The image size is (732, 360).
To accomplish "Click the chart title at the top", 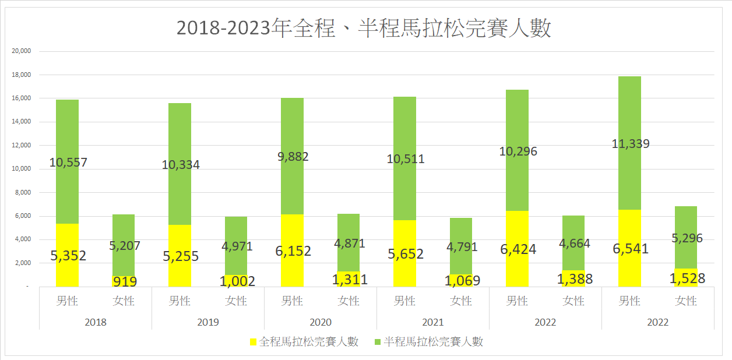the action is coord(364,28).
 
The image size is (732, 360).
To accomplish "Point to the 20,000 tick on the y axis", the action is coord(21,51).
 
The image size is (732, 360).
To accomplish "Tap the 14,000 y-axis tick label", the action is coord(21,122).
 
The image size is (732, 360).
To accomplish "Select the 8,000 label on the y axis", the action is coord(23,192).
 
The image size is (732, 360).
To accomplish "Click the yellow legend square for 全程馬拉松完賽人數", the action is coord(253,342).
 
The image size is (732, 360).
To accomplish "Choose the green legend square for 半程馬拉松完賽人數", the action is coord(378,342).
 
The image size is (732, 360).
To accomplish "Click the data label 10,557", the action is coord(68,163).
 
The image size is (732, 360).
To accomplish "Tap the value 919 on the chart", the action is coord(125,281).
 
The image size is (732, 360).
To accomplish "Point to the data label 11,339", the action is coord(631,144).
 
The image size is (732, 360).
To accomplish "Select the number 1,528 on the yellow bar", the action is coord(687,278).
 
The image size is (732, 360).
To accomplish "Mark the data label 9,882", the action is coord(293,157).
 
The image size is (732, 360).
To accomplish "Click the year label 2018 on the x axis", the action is coord(96,323).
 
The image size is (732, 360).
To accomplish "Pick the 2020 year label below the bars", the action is coord(321,323).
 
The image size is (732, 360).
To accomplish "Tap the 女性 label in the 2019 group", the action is coord(236,301).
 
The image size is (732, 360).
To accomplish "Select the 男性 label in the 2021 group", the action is coord(404,301).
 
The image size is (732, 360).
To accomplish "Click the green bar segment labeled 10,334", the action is coord(180,164).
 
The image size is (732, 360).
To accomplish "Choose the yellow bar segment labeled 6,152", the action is coord(292,250).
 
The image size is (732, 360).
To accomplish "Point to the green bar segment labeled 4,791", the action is coord(461,246).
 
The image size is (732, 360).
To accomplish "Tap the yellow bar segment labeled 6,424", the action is coord(517,249).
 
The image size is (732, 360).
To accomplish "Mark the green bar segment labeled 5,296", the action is coord(686,238).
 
